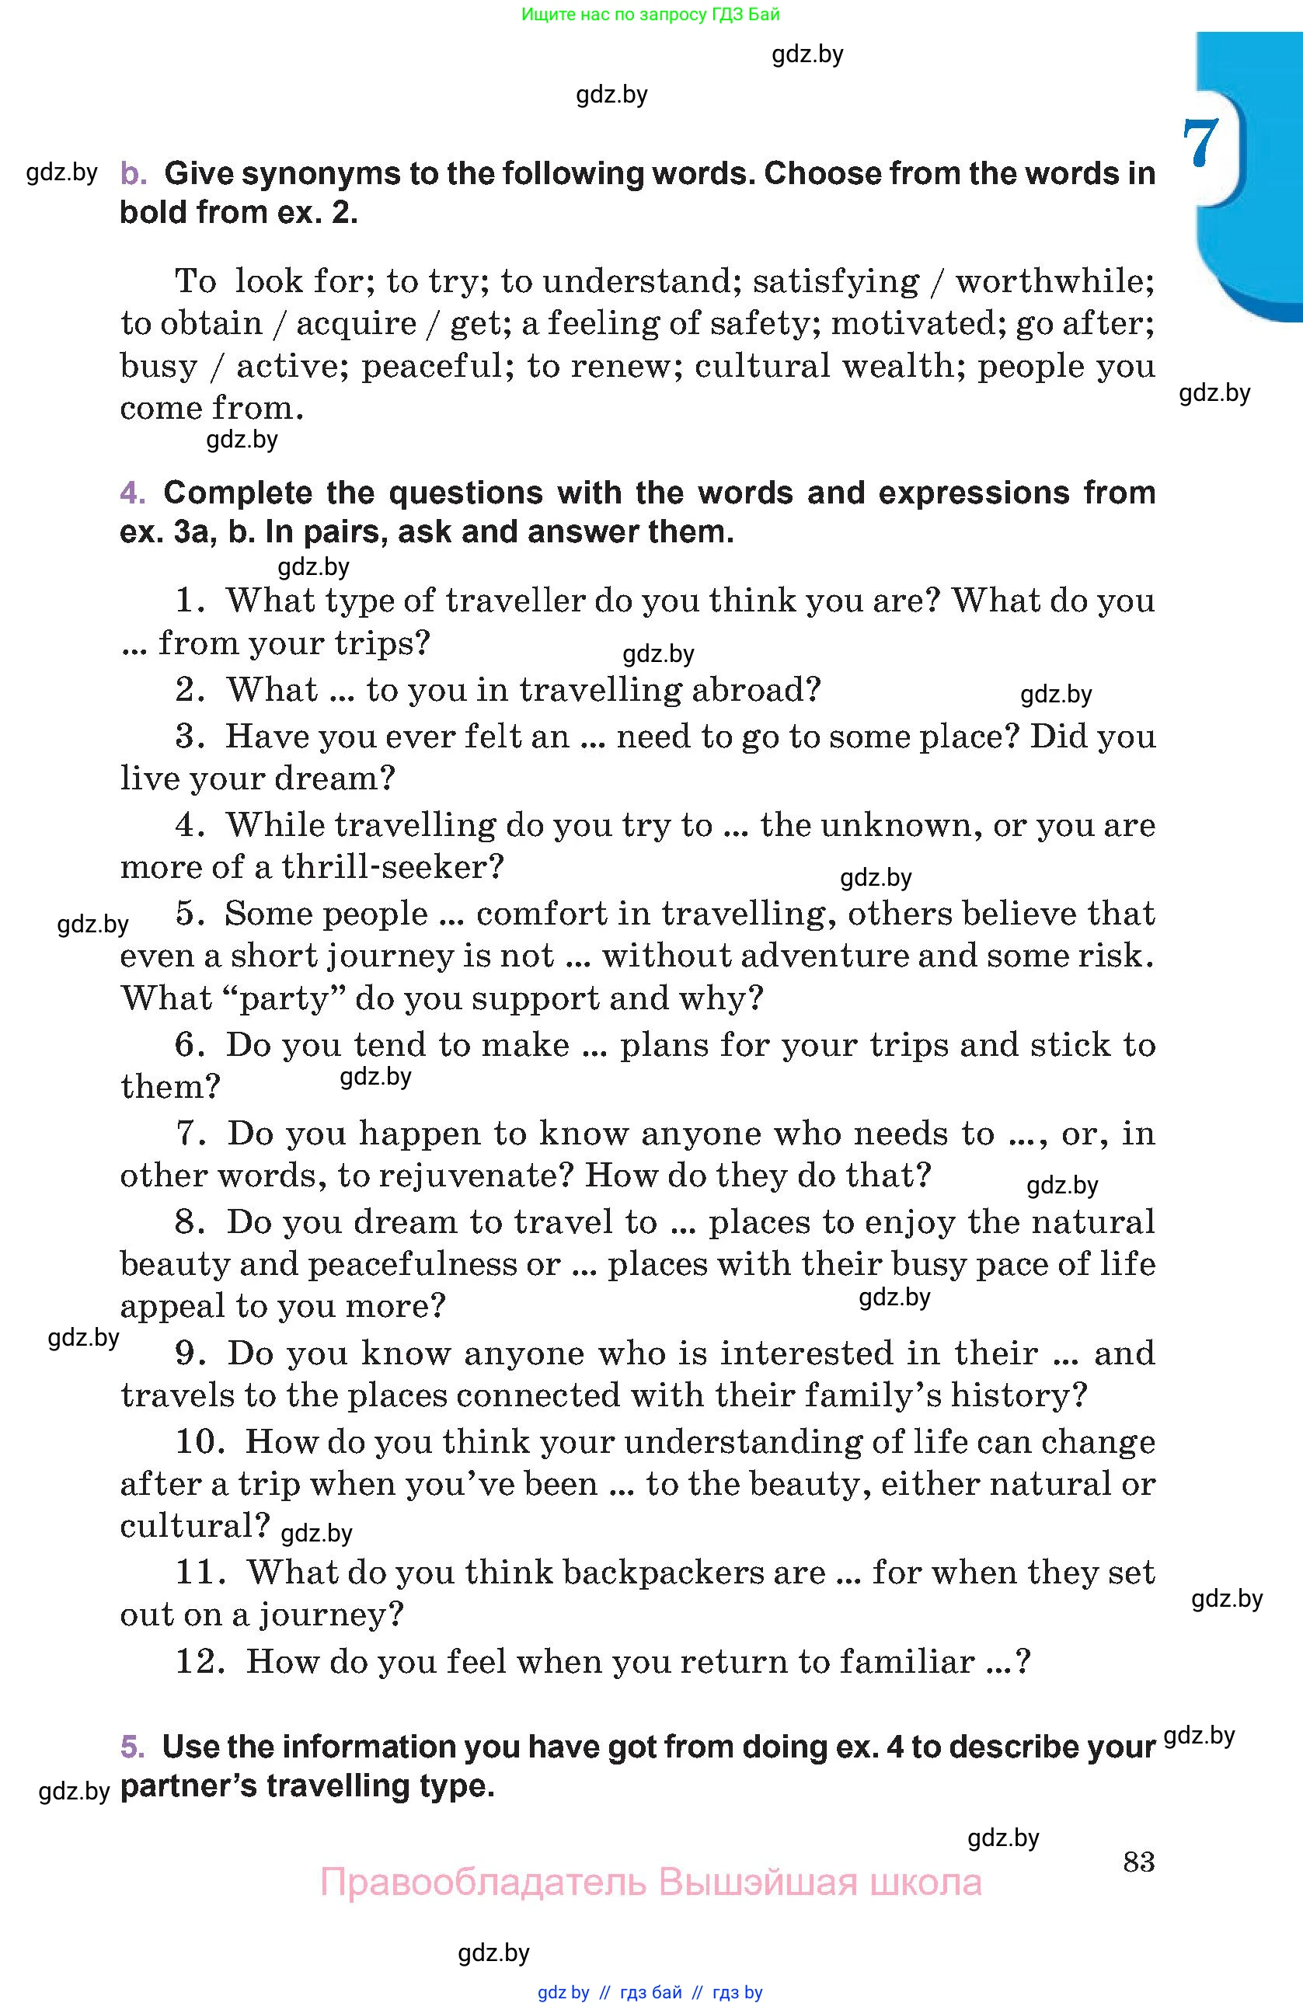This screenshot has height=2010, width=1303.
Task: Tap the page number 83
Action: click(1138, 1862)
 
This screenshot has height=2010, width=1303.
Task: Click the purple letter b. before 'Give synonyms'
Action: click(133, 174)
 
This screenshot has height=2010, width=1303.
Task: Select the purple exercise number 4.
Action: click(133, 493)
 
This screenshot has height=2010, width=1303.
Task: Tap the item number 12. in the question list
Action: click(199, 1661)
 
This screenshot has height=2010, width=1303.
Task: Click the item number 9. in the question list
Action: click(191, 1353)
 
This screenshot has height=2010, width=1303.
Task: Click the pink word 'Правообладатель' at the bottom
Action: click(483, 1883)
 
